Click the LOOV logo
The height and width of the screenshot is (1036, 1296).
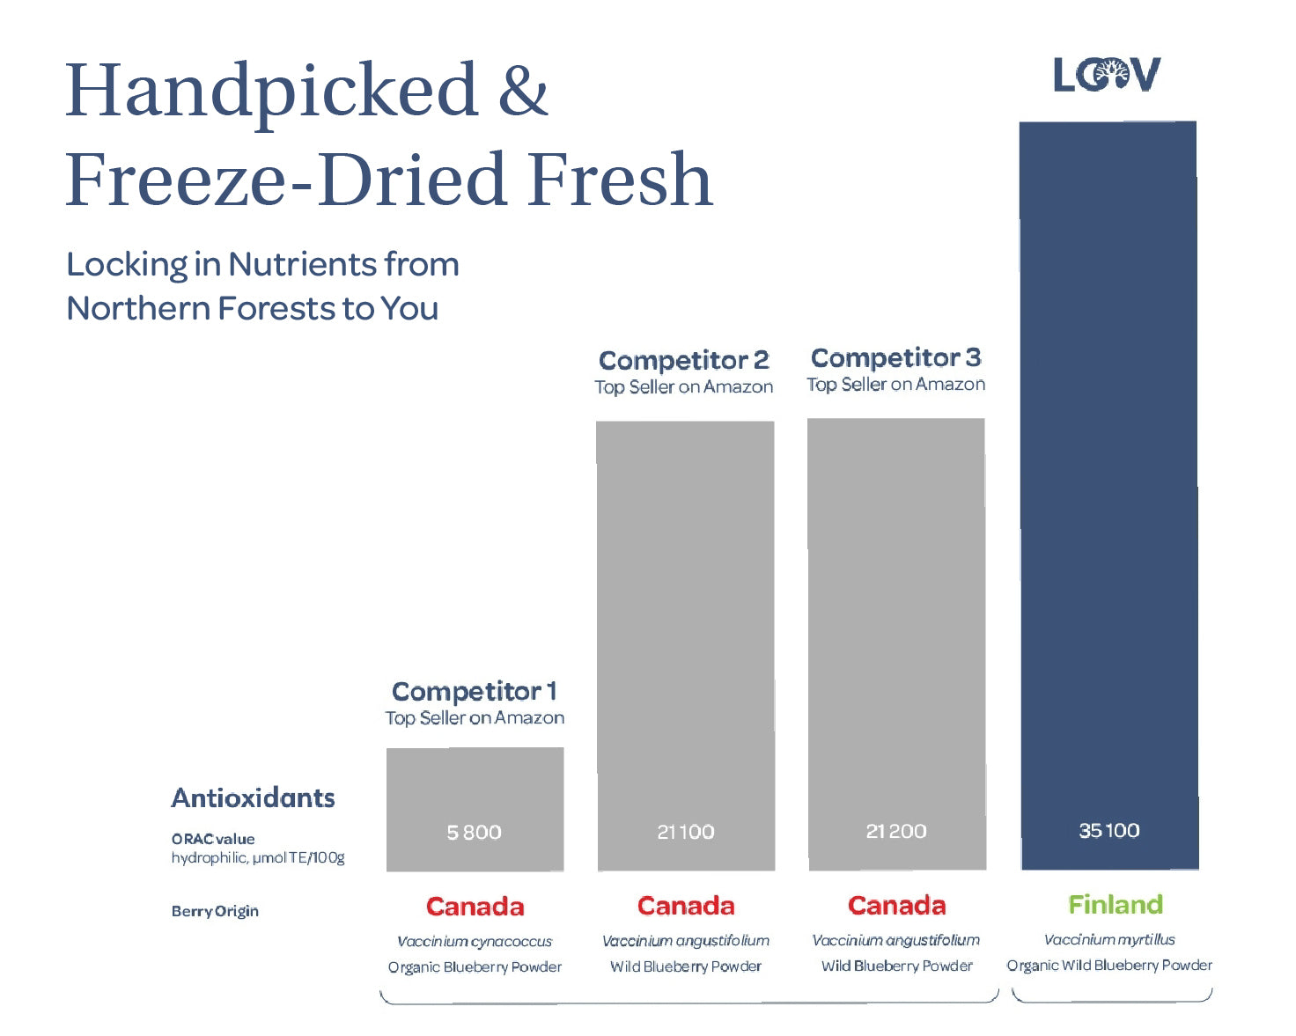pos(1107,76)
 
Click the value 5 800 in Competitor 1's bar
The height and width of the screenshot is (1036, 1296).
pos(474,833)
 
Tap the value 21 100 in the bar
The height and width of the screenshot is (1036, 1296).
pos(686,832)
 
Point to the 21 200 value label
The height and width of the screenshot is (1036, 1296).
pos(896,831)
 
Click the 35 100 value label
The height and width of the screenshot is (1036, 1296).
pos(1109,830)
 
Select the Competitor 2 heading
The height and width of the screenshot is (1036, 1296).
pos(684,360)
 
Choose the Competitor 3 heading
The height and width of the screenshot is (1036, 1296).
pos(895,357)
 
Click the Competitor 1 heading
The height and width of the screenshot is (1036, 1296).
pos(474,691)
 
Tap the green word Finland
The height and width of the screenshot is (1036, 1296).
pos(1116,904)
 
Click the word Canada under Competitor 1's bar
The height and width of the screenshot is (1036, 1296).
pos(475,907)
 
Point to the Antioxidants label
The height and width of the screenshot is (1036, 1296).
pos(253,797)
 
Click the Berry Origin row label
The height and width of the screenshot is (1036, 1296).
pos(215,911)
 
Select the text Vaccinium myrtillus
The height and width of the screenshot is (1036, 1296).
pos(1109,940)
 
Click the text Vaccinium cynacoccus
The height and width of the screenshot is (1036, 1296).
pos(475,942)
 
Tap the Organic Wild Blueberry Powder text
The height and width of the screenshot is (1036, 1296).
pos(1109,966)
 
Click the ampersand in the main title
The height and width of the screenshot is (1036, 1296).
pos(523,91)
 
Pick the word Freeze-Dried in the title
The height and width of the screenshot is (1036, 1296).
pos(286,180)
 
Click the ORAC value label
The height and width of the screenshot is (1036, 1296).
pos(213,839)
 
